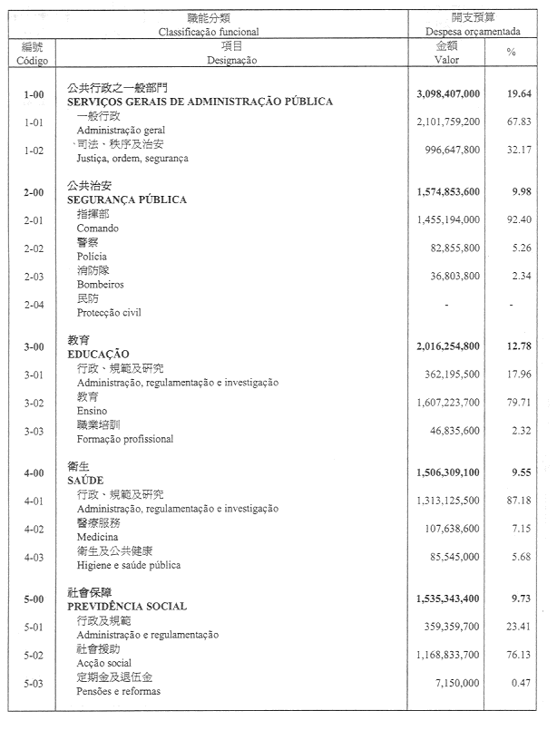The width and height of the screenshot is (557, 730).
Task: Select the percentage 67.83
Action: [x=518, y=122]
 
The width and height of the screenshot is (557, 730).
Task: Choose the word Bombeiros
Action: [x=100, y=285]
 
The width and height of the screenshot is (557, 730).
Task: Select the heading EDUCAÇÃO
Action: [x=99, y=354]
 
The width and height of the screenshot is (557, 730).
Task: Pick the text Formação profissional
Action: [x=124, y=439]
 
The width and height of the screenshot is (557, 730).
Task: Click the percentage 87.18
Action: [x=518, y=501]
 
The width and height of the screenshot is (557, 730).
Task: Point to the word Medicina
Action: [x=98, y=538]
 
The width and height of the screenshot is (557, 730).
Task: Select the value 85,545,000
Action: [x=455, y=557]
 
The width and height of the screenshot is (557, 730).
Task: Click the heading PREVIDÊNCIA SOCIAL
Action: [x=127, y=607]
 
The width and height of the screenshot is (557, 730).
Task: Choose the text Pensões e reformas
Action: [x=118, y=692]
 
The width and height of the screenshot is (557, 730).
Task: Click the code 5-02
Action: [x=34, y=655]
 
